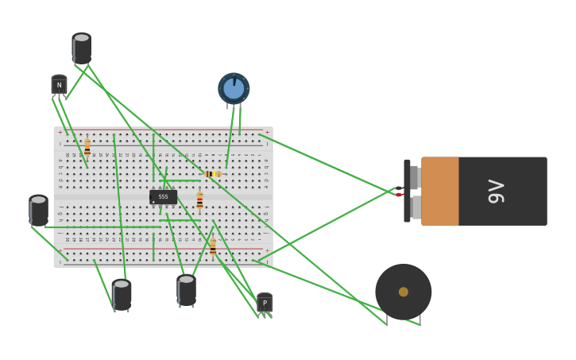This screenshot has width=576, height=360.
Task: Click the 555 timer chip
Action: (x=163, y=196)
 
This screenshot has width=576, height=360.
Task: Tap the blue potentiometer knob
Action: (x=234, y=88)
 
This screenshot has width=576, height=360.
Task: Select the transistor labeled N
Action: (x=59, y=85)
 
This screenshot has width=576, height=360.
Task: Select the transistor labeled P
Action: (x=265, y=303)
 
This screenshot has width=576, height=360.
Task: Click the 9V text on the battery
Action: (x=496, y=192)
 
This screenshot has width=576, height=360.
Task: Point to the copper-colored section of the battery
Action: (x=439, y=192)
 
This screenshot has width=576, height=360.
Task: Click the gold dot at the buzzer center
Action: (x=404, y=292)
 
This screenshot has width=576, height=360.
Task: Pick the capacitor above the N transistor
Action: (x=81, y=48)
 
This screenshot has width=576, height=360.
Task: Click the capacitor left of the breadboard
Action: (x=38, y=211)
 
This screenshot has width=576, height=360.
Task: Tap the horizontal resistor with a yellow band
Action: (x=213, y=173)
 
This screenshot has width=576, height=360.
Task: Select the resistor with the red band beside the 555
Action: (x=199, y=200)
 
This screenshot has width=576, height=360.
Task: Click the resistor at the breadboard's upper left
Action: (x=87, y=148)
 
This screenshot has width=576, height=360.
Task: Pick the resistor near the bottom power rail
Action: (x=213, y=246)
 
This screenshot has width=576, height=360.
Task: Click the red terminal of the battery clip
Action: (x=399, y=195)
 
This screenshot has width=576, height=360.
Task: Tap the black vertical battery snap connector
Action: (x=407, y=191)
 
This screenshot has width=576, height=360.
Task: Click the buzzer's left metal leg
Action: (x=387, y=319)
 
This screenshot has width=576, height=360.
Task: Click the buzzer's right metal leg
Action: (x=420, y=319)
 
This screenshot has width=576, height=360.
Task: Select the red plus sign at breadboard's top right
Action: (x=267, y=132)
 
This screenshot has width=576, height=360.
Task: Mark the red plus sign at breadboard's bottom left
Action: (x=60, y=250)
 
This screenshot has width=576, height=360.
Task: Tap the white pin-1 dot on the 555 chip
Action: (x=153, y=201)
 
